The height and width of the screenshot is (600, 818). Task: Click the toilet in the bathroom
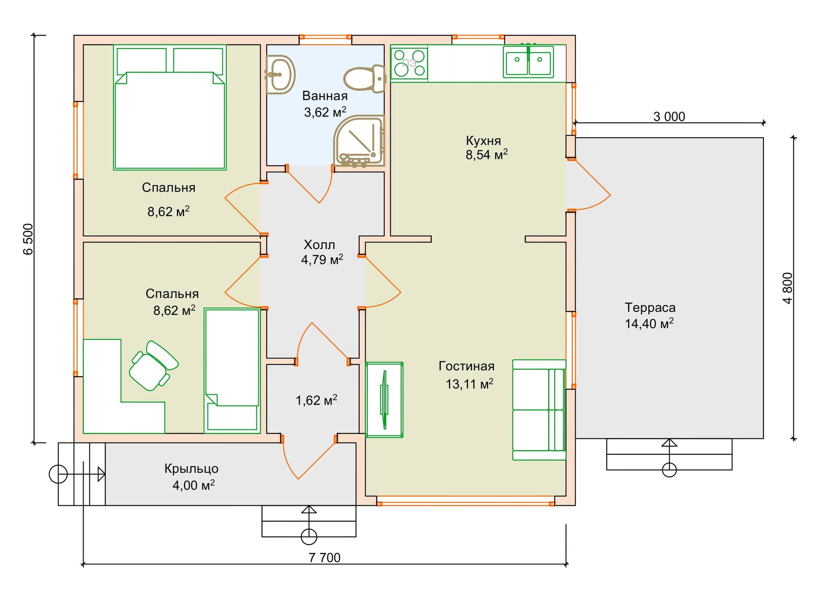tap(365, 78)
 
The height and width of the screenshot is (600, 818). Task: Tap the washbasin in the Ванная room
tap(280, 75)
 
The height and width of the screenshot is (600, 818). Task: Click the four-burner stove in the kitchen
tap(409, 63)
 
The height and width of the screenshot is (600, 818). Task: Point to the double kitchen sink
tap(528, 61)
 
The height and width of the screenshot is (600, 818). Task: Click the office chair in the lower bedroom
tap(153, 366)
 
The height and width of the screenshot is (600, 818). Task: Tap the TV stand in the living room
tap(384, 400)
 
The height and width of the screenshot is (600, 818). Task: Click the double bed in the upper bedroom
tap(170, 107)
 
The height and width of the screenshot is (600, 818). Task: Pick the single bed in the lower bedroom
tap(232, 371)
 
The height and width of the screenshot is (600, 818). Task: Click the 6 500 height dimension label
tap(28, 239)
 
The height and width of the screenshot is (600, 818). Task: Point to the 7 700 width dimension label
tap(325, 557)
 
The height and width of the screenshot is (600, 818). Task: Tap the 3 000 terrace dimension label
tap(669, 116)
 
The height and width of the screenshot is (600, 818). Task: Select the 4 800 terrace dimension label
tap(788, 288)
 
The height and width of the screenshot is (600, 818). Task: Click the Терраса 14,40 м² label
tap(650, 315)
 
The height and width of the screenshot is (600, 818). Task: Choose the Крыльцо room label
tap(191, 468)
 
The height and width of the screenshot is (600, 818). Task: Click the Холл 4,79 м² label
tap(322, 252)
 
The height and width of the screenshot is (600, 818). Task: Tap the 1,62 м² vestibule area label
tap(317, 400)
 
